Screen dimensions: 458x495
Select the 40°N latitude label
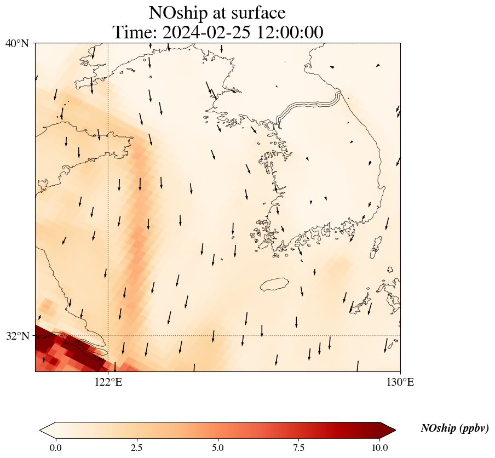[x=17, y=43]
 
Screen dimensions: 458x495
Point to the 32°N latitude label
[x=17, y=336]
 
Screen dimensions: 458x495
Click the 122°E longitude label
[x=108, y=382]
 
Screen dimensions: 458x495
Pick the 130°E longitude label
[x=400, y=382]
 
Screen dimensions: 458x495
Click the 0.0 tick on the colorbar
[x=55, y=448]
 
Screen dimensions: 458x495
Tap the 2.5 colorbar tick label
[x=137, y=448]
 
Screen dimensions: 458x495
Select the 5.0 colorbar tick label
[x=218, y=448]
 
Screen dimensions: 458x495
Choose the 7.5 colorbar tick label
[x=299, y=448]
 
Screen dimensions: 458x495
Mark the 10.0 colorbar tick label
[x=380, y=448]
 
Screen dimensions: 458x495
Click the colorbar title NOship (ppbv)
[x=454, y=428]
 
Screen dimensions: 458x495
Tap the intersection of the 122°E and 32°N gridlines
[x=108, y=335]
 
